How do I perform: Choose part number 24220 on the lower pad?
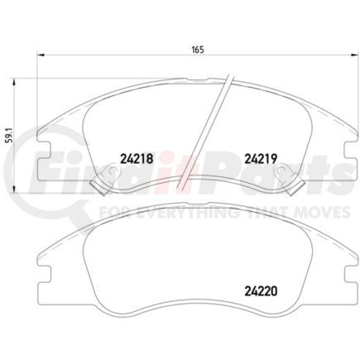(258, 290)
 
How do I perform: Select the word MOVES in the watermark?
(319, 212)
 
